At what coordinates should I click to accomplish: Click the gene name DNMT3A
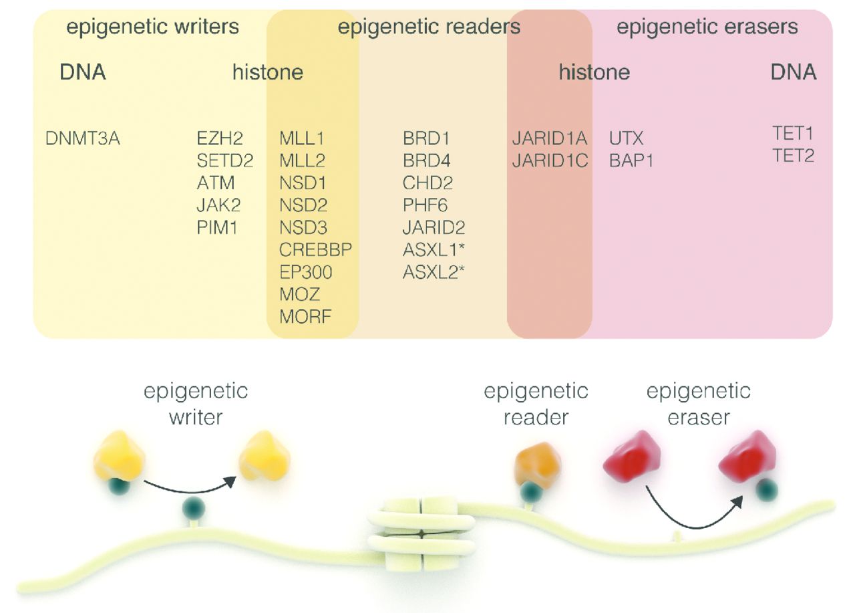coord(83,139)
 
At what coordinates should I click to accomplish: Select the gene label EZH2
coord(220,139)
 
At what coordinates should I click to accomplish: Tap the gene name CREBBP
coord(316,249)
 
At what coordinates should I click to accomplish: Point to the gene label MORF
coord(305,316)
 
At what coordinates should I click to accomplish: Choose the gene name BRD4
coord(426,161)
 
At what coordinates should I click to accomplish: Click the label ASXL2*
coord(434,271)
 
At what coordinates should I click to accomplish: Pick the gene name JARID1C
coord(550,161)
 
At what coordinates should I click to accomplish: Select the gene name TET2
coord(794,156)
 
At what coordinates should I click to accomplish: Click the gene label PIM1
coord(216,227)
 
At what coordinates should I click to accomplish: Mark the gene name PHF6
coord(425,205)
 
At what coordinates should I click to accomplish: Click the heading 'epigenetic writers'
coord(153,27)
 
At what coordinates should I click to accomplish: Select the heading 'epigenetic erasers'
coord(707,27)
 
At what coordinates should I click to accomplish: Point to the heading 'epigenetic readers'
coord(429,27)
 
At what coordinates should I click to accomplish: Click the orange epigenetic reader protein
coord(537,464)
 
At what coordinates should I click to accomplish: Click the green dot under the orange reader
coord(531,492)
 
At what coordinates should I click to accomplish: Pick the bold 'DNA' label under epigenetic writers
coord(82,72)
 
